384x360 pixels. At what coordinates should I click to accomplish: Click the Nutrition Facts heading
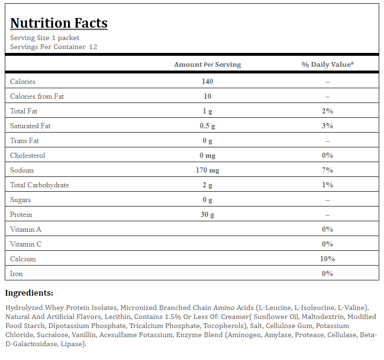(x=59, y=23)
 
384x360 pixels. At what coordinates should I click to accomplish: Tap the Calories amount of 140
(x=207, y=81)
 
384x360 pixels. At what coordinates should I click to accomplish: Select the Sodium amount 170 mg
(x=207, y=170)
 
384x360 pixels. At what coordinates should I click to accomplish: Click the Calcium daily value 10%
(x=327, y=259)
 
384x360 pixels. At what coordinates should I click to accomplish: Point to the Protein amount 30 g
(x=207, y=215)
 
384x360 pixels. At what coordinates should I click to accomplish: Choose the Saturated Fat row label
(x=30, y=126)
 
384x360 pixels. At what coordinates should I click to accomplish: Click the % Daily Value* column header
(x=328, y=64)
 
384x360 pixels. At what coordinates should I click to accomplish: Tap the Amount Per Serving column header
(x=208, y=64)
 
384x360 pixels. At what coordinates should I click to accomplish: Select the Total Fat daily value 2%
(x=327, y=111)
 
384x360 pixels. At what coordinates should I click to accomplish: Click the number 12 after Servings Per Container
(x=93, y=47)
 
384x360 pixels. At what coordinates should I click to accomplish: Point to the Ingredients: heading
(x=29, y=293)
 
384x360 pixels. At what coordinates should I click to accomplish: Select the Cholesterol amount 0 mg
(x=207, y=155)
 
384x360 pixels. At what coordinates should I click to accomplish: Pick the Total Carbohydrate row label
(x=40, y=185)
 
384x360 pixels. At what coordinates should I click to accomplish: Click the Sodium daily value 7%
(x=327, y=170)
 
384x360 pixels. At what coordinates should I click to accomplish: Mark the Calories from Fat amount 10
(x=207, y=96)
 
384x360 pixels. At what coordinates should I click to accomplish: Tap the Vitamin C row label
(x=26, y=244)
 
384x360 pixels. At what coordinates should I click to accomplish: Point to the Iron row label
(x=16, y=274)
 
